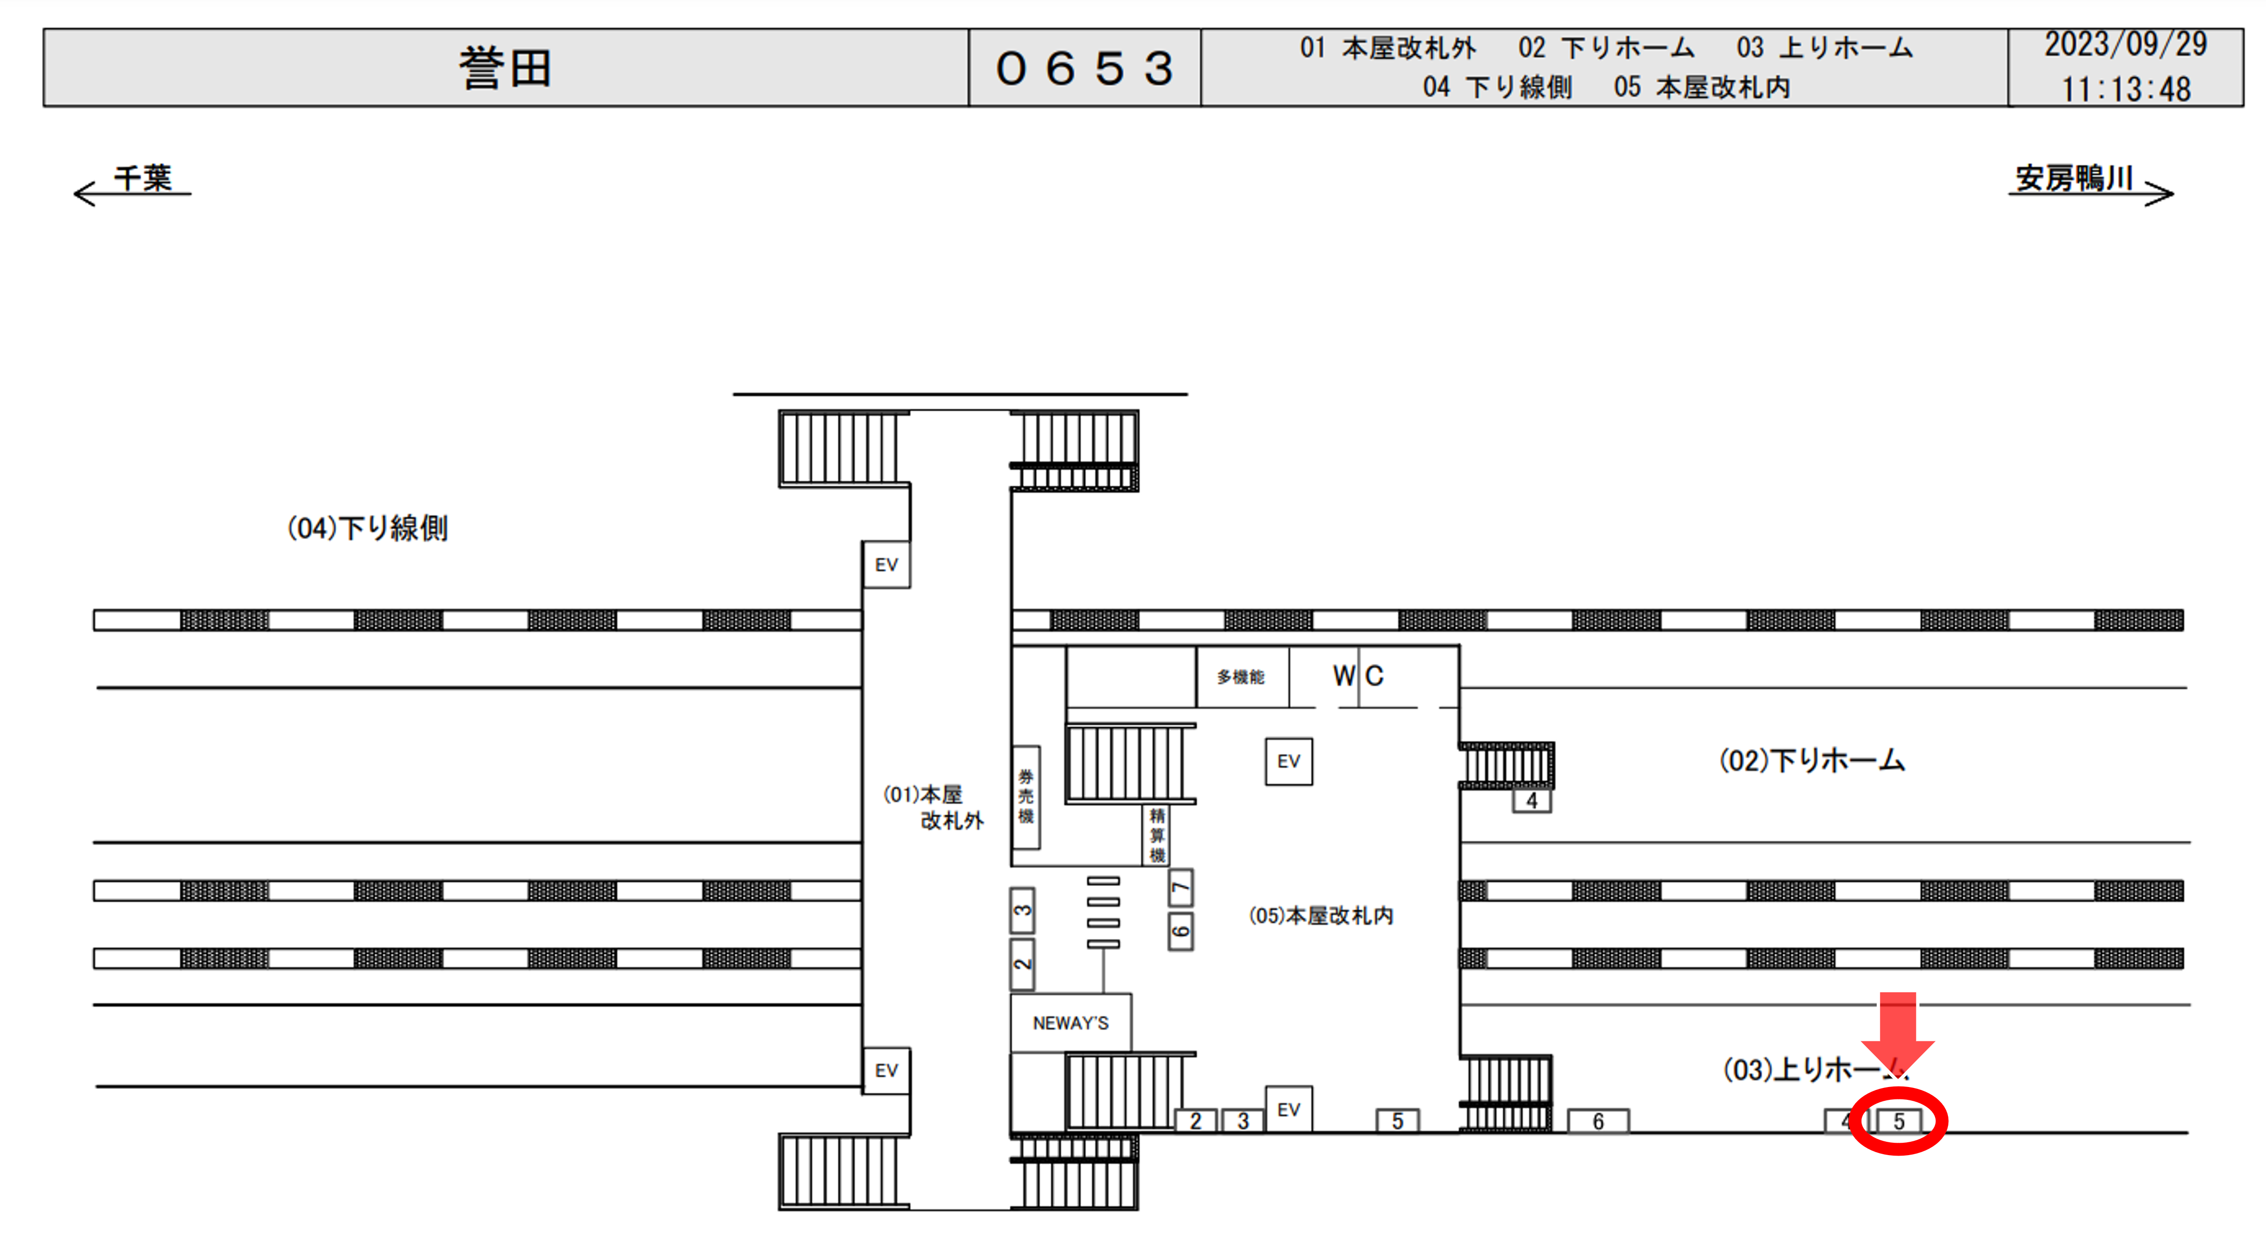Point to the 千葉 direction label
[142, 179]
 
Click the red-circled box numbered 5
[1898, 1121]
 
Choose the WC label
[1358, 676]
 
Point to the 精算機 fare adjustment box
[1157, 835]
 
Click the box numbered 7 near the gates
[1181, 888]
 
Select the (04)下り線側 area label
[368, 529]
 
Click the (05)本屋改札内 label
[1320, 916]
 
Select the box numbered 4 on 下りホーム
[1532, 800]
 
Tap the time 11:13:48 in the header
[2125, 89]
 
